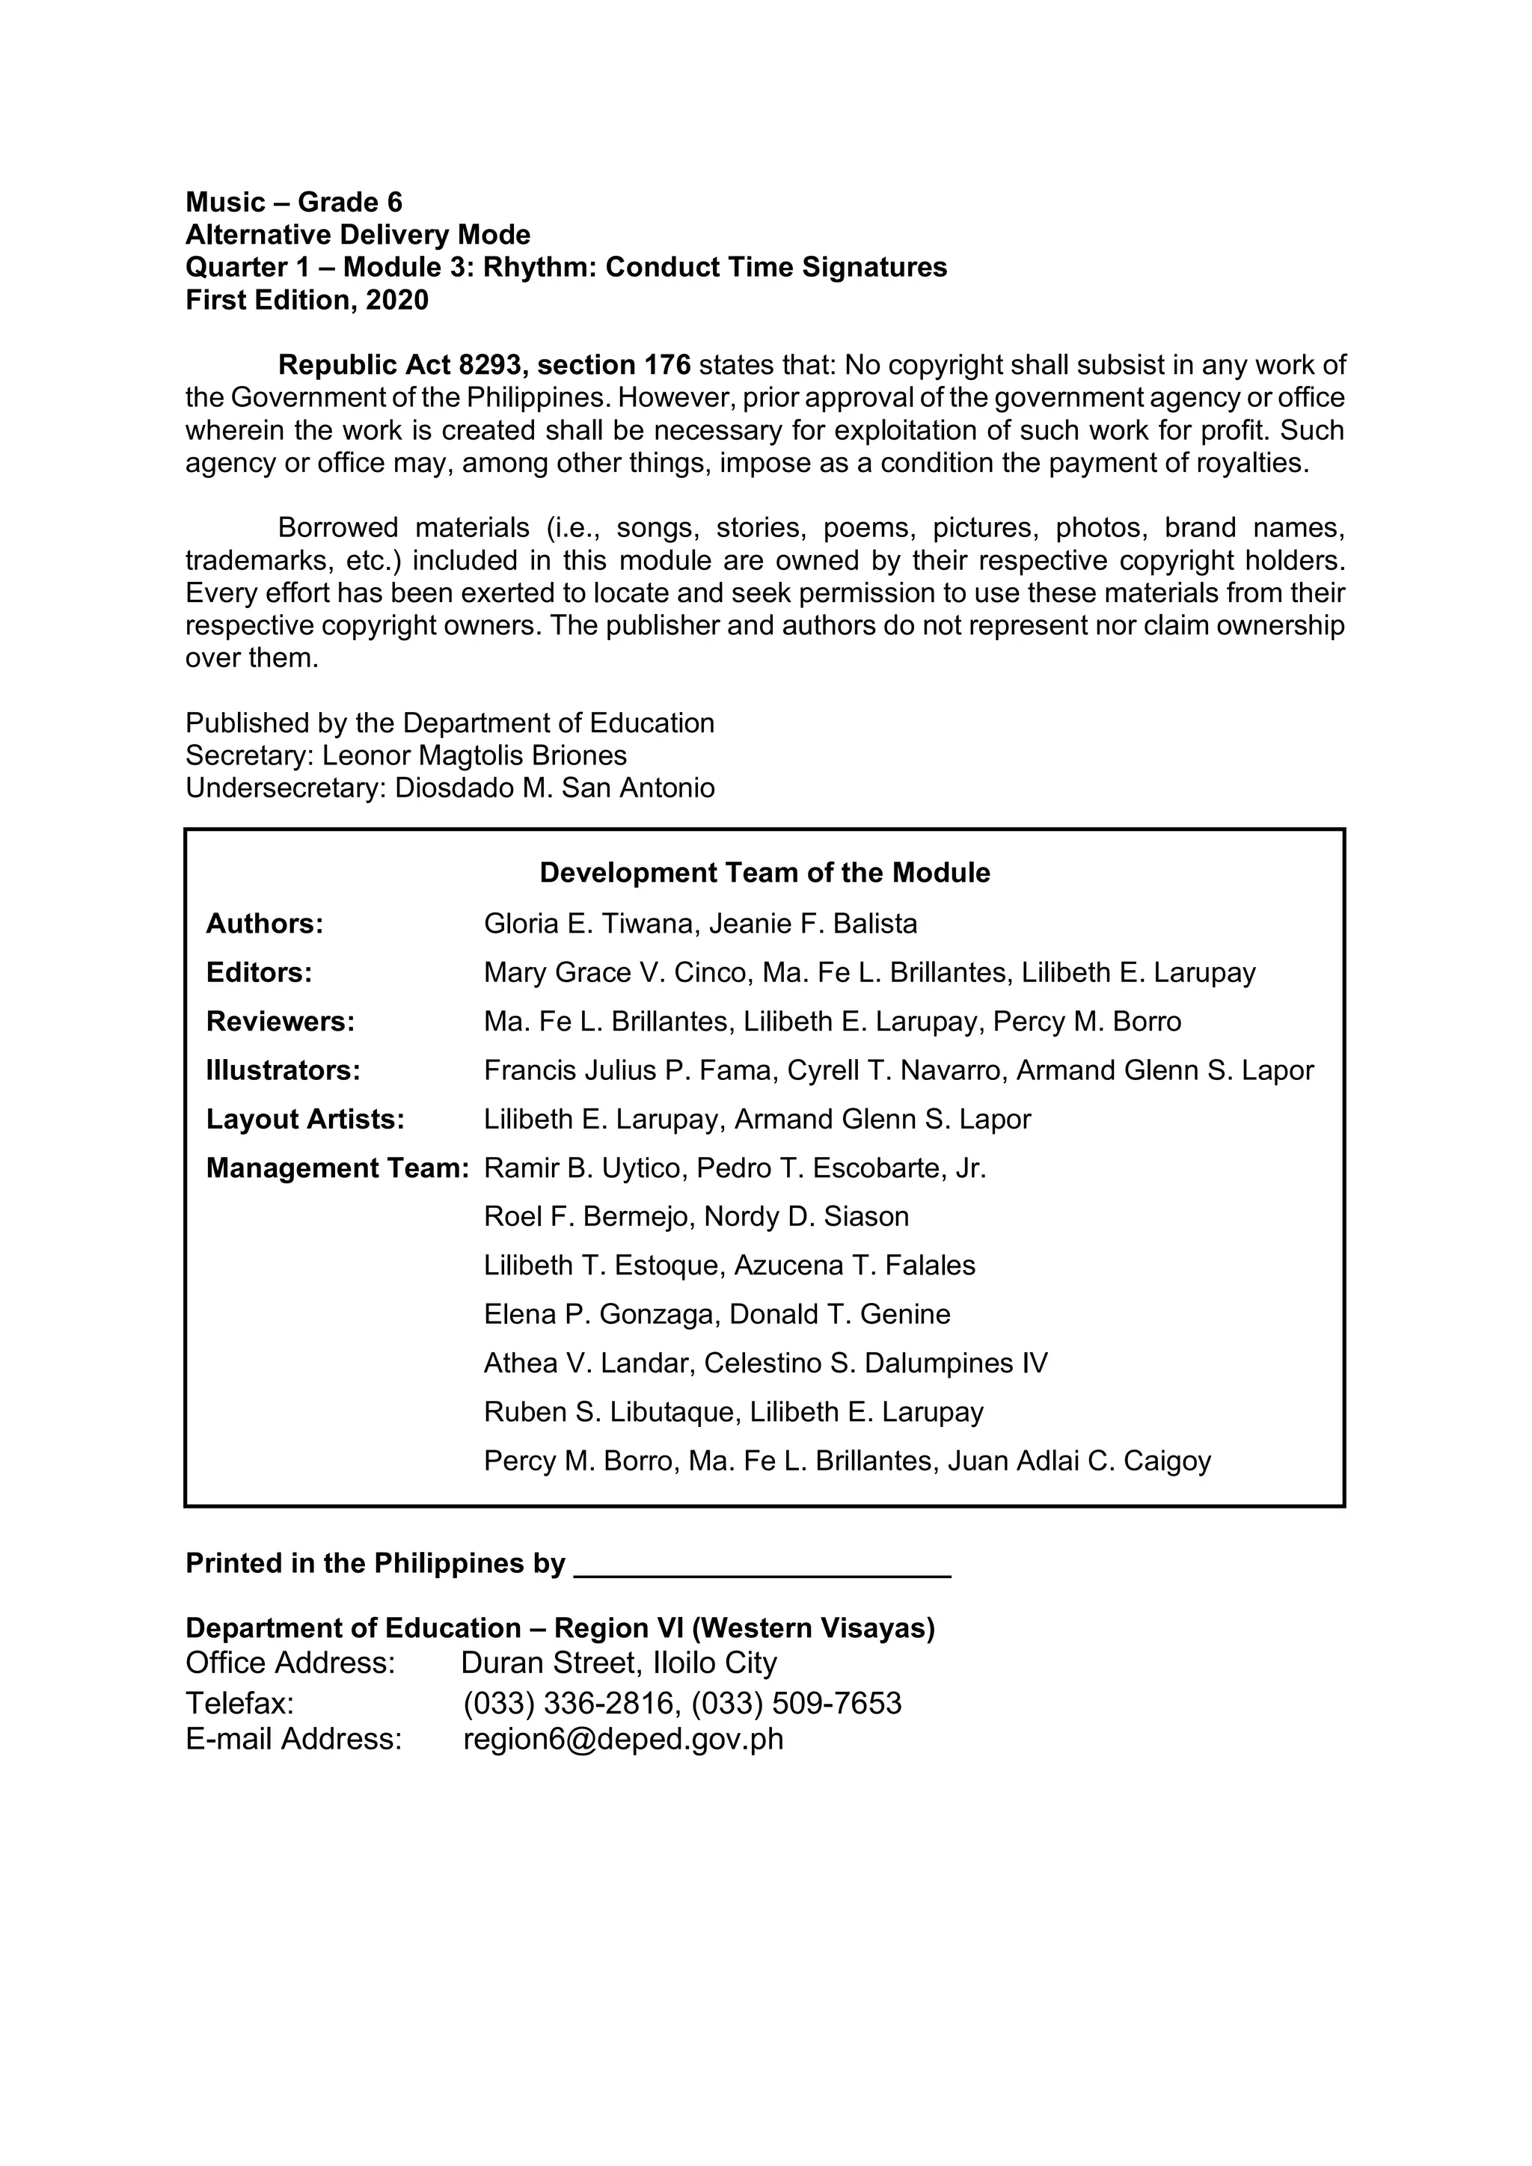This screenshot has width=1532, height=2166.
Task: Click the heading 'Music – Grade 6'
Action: tap(293, 202)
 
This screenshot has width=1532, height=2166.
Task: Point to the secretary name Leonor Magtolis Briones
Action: tap(474, 755)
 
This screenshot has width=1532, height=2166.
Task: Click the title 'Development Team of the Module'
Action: tap(764, 873)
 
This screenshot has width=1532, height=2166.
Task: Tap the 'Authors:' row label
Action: tap(264, 924)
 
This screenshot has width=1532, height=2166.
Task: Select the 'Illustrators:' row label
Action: tap(283, 1071)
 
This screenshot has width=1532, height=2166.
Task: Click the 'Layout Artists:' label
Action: tap(304, 1120)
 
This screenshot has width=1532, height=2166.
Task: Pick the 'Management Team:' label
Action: tap(337, 1169)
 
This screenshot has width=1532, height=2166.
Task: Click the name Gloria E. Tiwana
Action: tap(589, 924)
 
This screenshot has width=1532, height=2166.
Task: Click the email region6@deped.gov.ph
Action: tap(622, 1739)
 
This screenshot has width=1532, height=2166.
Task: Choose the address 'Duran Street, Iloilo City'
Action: tap(619, 1663)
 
